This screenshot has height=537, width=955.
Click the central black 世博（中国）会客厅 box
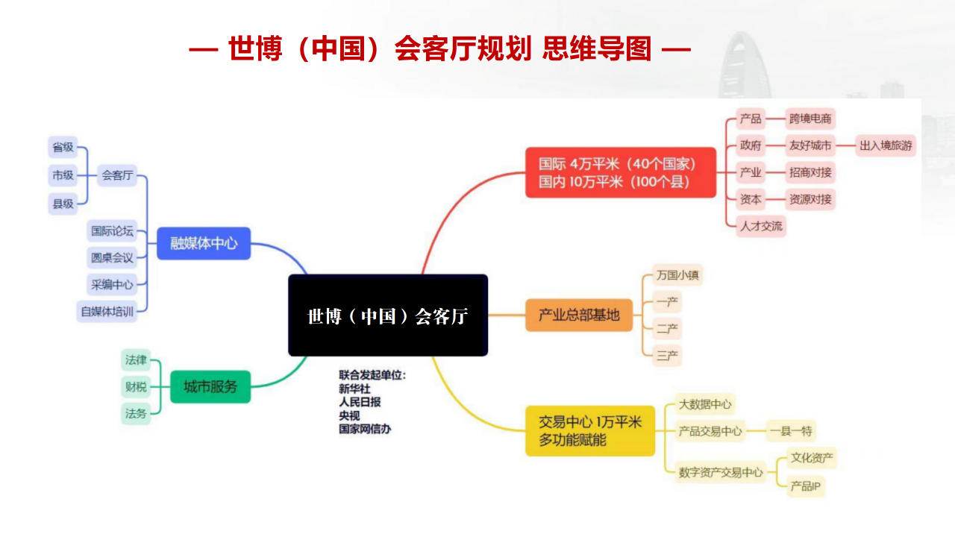tap(388, 315)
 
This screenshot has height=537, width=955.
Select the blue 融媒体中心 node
tap(204, 243)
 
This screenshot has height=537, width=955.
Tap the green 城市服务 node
tap(210, 386)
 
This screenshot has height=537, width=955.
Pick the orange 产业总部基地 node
tap(579, 315)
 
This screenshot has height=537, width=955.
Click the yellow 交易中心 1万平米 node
tap(590, 430)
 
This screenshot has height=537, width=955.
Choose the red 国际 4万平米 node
tap(620, 172)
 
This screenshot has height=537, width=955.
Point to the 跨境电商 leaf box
tap(810, 119)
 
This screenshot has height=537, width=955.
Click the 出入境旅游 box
tap(886, 145)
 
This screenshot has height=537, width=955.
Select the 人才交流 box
tap(761, 226)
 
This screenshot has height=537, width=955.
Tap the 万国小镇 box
tap(677, 275)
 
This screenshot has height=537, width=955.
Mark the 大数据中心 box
tap(705, 405)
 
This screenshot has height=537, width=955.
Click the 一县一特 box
tap(792, 430)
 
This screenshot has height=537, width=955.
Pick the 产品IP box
tap(806, 486)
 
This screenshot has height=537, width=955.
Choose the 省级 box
tap(63, 147)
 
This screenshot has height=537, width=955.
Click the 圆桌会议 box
tap(112, 258)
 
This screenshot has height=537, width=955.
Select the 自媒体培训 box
tap(107, 312)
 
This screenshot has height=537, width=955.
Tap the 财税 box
tap(136, 386)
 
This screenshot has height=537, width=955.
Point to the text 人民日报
tap(360, 401)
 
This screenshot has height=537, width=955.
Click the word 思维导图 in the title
tap(597, 49)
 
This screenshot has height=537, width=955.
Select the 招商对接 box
tap(810, 172)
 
